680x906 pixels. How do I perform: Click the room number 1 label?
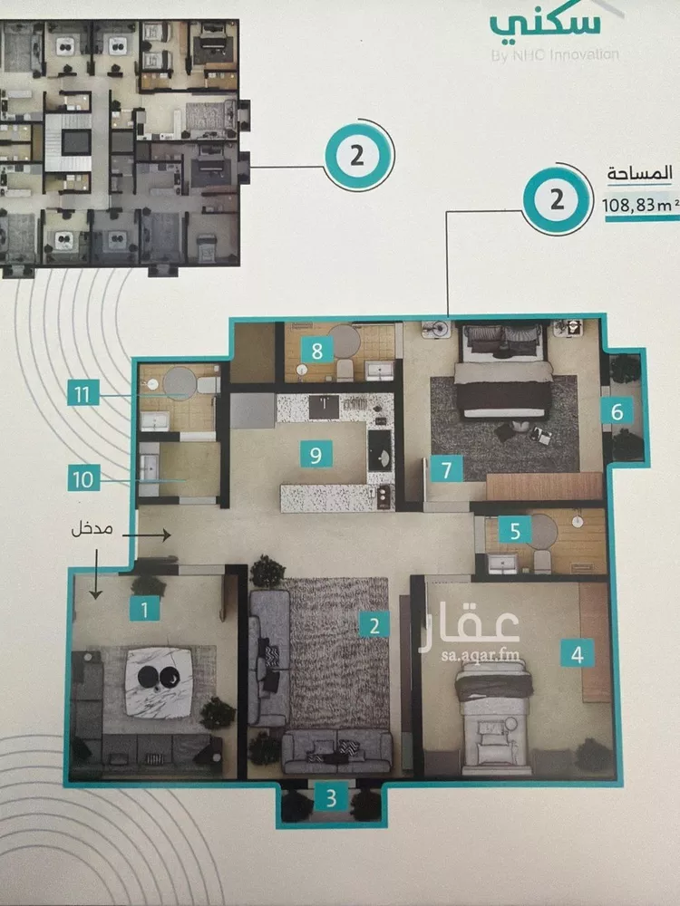[x=144, y=609]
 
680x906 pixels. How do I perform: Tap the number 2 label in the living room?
[x=374, y=624]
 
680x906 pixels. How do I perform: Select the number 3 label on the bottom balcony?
[x=331, y=798]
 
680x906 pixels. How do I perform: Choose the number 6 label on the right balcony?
[x=617, y=410]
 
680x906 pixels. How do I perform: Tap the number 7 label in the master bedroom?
[x=447, y=468]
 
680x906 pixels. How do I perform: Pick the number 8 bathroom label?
[x=316, y=350]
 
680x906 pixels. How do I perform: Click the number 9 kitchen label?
[x=316, y=454]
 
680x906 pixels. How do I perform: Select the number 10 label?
[x=83, y=478]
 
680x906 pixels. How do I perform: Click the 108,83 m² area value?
[x=640, y=205]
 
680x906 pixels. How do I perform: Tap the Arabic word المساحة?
[x=639, y=173]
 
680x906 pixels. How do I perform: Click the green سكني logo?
[x=545, y=24]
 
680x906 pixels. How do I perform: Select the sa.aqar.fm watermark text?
[x=480, y=655]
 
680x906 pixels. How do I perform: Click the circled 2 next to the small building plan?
[x=358, y=156]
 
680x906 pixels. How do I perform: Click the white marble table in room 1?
[x=159, y=682]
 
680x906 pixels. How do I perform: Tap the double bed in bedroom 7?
[x=503, y=372]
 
